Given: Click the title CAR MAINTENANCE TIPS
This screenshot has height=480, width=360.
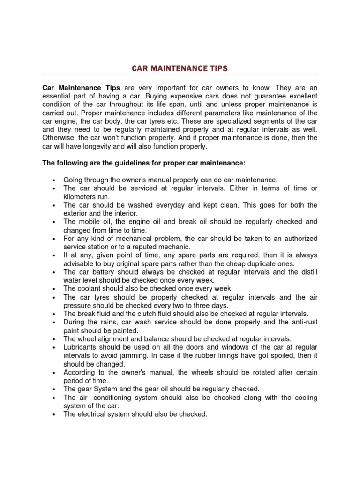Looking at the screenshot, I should click(180, 68).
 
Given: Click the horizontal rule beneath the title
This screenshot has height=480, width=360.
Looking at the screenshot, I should click(180, 75).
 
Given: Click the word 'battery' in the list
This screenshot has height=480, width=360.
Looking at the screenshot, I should click(103, 272).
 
